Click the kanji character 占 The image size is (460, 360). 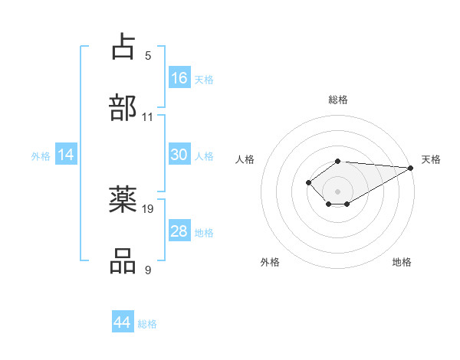123,46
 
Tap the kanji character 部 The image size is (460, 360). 123,107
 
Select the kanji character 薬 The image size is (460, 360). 123,199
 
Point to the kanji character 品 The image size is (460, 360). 123,260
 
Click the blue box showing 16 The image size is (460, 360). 179,77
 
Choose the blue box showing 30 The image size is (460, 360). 179,155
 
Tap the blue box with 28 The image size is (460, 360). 179,231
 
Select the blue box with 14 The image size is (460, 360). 66,155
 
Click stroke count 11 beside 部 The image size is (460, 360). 148,117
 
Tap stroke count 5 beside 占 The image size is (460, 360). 148,56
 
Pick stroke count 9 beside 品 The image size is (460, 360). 148,270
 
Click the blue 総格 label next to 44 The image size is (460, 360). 147,324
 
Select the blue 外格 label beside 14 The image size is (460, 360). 41,156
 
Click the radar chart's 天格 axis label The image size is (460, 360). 431,159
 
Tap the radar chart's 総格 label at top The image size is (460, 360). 338,100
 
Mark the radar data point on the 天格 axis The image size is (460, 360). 410,168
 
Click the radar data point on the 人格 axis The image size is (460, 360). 308,182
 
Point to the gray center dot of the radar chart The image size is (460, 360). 337,191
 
